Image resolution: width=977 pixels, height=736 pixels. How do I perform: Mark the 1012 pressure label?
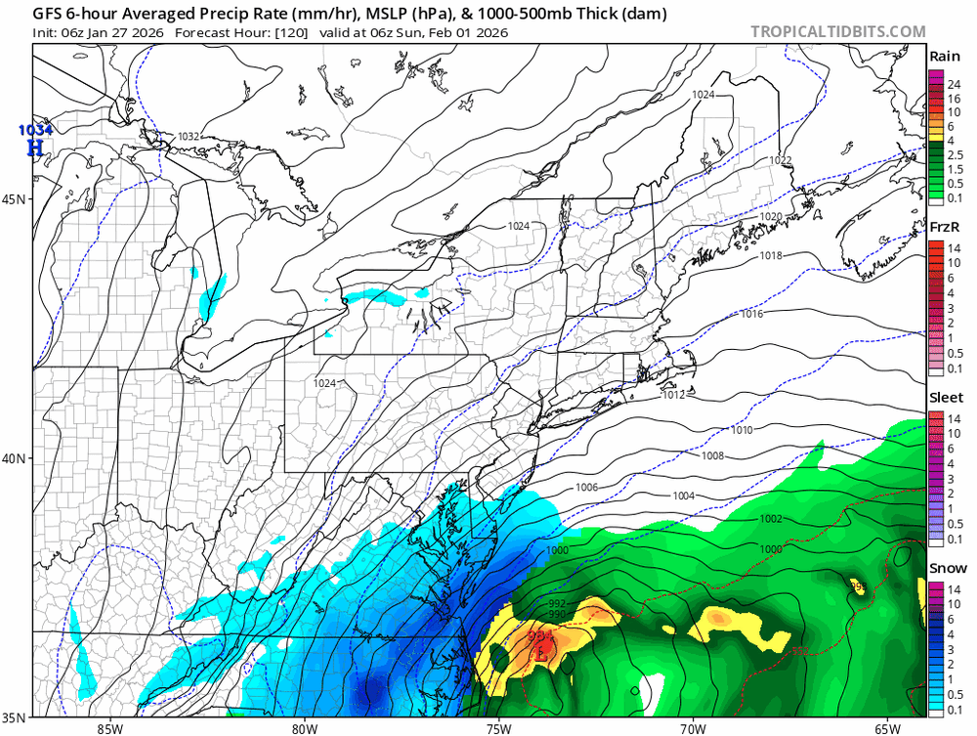pyautogui.click(x=673, y=396)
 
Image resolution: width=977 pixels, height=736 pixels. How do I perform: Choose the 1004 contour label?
pyautogui.click(x=684, y=497)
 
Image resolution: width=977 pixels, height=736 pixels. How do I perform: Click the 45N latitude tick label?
pyautogui.click(x=15, y=198)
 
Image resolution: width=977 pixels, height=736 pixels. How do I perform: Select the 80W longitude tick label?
pyautogui.click(x=304, y=729)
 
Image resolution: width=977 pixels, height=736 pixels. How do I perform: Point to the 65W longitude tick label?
pyautogui.click(x=887, y=729)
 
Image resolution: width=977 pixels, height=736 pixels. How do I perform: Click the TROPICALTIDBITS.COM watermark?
pyautogui.click(x=837, y=31)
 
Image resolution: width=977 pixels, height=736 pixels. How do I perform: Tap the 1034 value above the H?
pyautogui.click(x=33, y=130)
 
